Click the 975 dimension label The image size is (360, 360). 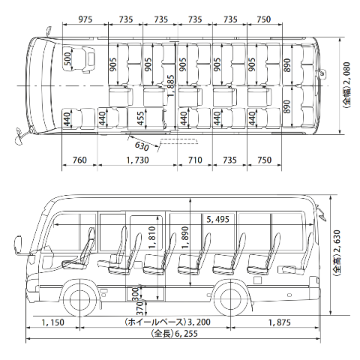click(85, 19)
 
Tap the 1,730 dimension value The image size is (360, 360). click(137, 160)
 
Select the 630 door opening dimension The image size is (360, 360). click(142, 146)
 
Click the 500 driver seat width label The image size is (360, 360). click(67, 59)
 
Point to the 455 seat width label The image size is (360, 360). click(141, 118)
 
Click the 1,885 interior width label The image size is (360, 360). click(171, 85)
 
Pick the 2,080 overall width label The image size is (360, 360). click(346, 85)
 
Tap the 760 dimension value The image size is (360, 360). click(79, 160)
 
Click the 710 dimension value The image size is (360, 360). click(195, 160)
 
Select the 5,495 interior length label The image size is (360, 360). click(218, 220)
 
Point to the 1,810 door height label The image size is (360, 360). click(152, 238)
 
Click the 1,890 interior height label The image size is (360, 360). click(185, 238)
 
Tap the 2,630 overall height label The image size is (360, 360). click(337, 253)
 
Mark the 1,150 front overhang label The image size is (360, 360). click(52, 322)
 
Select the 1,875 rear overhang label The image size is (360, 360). click(280, 322)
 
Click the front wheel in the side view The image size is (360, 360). click(79, 299)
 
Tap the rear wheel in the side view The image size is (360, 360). click(230, 299)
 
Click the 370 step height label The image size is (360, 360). click(141, 308)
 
